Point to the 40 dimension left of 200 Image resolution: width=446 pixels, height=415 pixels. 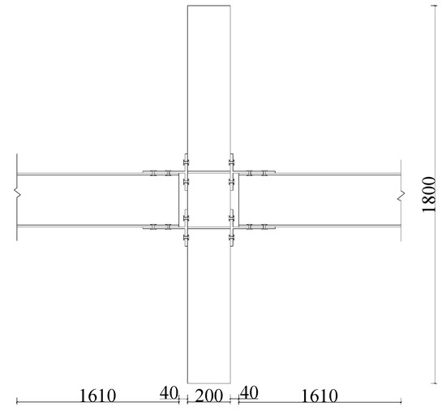[169, 392]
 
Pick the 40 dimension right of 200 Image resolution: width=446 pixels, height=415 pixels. [249, 392]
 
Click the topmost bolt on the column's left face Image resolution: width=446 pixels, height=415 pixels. [186, 158]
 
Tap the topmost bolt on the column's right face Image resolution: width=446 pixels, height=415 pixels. [232, 158]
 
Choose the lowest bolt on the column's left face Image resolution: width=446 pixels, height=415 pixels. [186, 240]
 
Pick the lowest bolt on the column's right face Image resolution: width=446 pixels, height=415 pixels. [232, 240]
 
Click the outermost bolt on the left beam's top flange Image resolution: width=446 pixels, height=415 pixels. [152, 173]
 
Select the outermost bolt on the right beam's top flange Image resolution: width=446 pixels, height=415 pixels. [264, 173]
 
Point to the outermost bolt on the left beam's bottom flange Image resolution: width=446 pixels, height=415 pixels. [152, 227]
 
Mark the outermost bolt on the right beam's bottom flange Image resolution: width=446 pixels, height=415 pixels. [264, 227]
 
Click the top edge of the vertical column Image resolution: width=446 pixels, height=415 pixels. [208, 6]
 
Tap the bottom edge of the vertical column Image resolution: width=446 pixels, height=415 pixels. [208, 383]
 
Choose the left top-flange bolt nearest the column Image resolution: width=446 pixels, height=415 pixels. [165, 173]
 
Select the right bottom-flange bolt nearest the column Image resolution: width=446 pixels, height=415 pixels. [251, 227]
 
